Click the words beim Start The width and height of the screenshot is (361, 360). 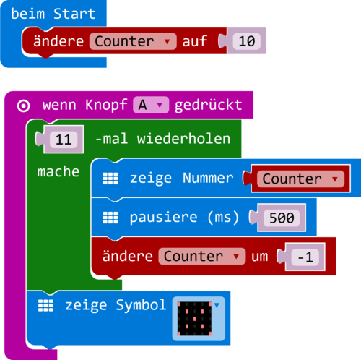[x=53, y=14]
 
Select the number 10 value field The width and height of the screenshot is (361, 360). [x=246, y=42]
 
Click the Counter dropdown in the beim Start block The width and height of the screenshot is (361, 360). [x=133, y=42]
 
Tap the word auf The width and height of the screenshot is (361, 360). [x=194, y=42]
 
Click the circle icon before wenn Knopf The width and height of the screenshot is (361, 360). [x=23, y=106]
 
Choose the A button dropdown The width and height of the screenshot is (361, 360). [x=150, y=106]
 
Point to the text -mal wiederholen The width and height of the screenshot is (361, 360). [x=162, y=139]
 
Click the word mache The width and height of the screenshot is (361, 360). [x=58, y=173]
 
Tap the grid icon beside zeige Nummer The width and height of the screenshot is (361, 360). [x=110, y=179]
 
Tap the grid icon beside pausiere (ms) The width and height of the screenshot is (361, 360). [x=110, y=217]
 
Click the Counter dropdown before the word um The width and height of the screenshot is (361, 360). [x=201, y=257]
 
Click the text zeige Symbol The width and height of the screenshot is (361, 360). [x=116, y=305]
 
